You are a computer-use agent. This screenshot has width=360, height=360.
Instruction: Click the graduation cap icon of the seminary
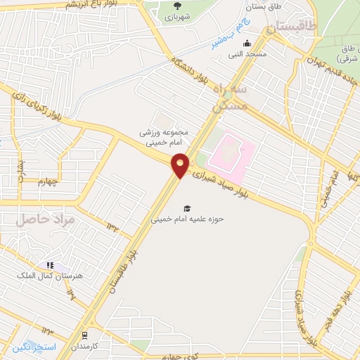187,207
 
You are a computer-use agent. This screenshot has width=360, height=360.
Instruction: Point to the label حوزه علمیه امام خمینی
187,219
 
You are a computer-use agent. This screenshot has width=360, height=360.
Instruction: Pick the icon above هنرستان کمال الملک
50,265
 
